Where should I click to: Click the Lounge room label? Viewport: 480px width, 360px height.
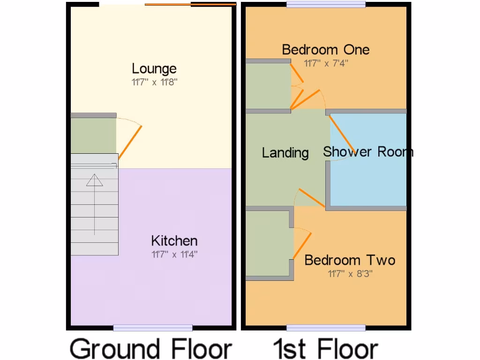click(x=154, y=69)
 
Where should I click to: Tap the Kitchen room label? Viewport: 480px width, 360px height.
click(x=174, y=241)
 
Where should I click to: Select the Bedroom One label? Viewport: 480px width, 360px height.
click(x=325, y=50)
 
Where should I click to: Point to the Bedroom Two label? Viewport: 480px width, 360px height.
click(x=350, y=260)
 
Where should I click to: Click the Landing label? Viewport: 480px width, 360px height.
click(x=285, y=153)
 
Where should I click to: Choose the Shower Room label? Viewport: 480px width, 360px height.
click(x=368, y=151)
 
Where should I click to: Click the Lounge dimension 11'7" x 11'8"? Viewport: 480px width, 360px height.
click(x=154, y=82)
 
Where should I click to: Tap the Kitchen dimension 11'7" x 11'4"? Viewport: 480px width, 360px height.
click(x=174, y=255)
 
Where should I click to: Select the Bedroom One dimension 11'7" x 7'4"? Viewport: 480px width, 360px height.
click(x=325, y=63)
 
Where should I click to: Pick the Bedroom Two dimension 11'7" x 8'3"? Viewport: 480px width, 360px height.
click(x=350, y=273)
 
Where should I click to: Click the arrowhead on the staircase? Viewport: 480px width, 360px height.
click(x=94, y=180)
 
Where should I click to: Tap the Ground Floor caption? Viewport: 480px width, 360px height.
click(x=151, y=349)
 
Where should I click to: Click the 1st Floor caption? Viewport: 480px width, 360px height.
click(x=326, y=349)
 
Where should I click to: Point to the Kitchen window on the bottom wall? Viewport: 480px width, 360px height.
click(x=153, y=328)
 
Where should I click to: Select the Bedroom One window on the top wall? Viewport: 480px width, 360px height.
click(x=326, y=4)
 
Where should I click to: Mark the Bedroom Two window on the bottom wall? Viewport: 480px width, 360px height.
click(x=326, y=328)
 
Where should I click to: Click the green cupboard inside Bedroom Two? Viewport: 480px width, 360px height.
click(x=267, y=244)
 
